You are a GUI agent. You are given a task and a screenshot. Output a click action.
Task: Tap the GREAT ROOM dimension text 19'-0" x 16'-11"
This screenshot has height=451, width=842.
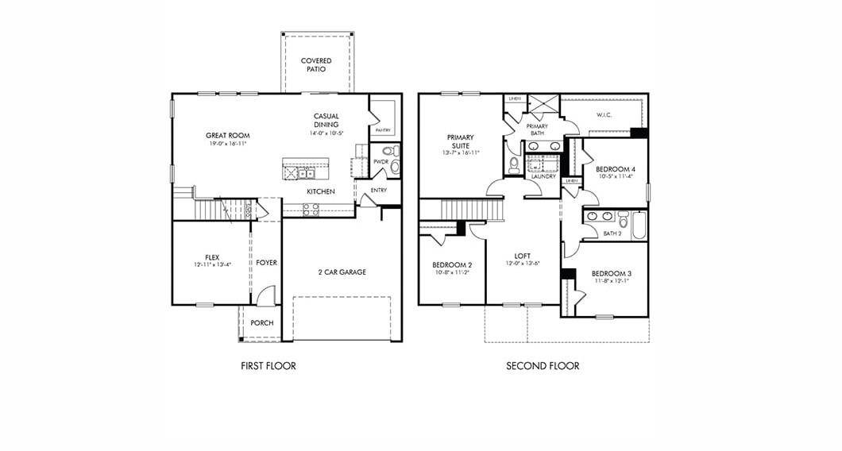click(x=228, y=145)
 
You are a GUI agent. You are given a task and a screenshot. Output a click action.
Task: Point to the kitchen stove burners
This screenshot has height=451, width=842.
click(x=311, y=209)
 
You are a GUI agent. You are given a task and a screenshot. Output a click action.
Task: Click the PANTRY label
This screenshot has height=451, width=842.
click(x=383, y=129)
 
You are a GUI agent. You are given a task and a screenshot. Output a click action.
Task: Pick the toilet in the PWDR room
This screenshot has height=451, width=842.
click(x=389, y=150)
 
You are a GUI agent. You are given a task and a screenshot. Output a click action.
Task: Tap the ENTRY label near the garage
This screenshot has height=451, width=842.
click(x=378, y=191)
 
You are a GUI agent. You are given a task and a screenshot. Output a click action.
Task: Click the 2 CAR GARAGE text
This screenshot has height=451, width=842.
click(x=342, y=272)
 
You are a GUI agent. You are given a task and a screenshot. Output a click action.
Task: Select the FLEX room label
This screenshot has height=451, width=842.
click(x=212, y=257)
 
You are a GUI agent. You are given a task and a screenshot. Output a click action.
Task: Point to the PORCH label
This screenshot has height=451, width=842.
click(x=262, y=323)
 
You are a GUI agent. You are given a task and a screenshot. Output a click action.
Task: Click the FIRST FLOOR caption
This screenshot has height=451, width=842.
click(x=268, y=366)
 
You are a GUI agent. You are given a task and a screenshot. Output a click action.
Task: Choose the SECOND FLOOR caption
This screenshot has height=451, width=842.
click(x=543, y=366)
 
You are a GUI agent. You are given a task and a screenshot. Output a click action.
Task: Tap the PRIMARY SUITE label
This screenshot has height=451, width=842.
click(x=460, y=141)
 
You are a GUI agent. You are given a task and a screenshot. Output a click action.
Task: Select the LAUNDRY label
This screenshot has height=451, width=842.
click(x=543, y=176)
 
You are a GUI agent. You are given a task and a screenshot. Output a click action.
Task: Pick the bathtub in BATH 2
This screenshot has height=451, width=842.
click(x=638, y=225)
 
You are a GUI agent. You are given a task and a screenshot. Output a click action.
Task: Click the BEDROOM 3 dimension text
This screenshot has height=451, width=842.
click(x=611, y=281)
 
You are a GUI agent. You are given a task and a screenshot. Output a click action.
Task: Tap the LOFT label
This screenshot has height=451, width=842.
click(x=522, y=256)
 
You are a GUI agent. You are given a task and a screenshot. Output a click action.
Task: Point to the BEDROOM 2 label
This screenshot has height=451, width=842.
click(x=453, y=264)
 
